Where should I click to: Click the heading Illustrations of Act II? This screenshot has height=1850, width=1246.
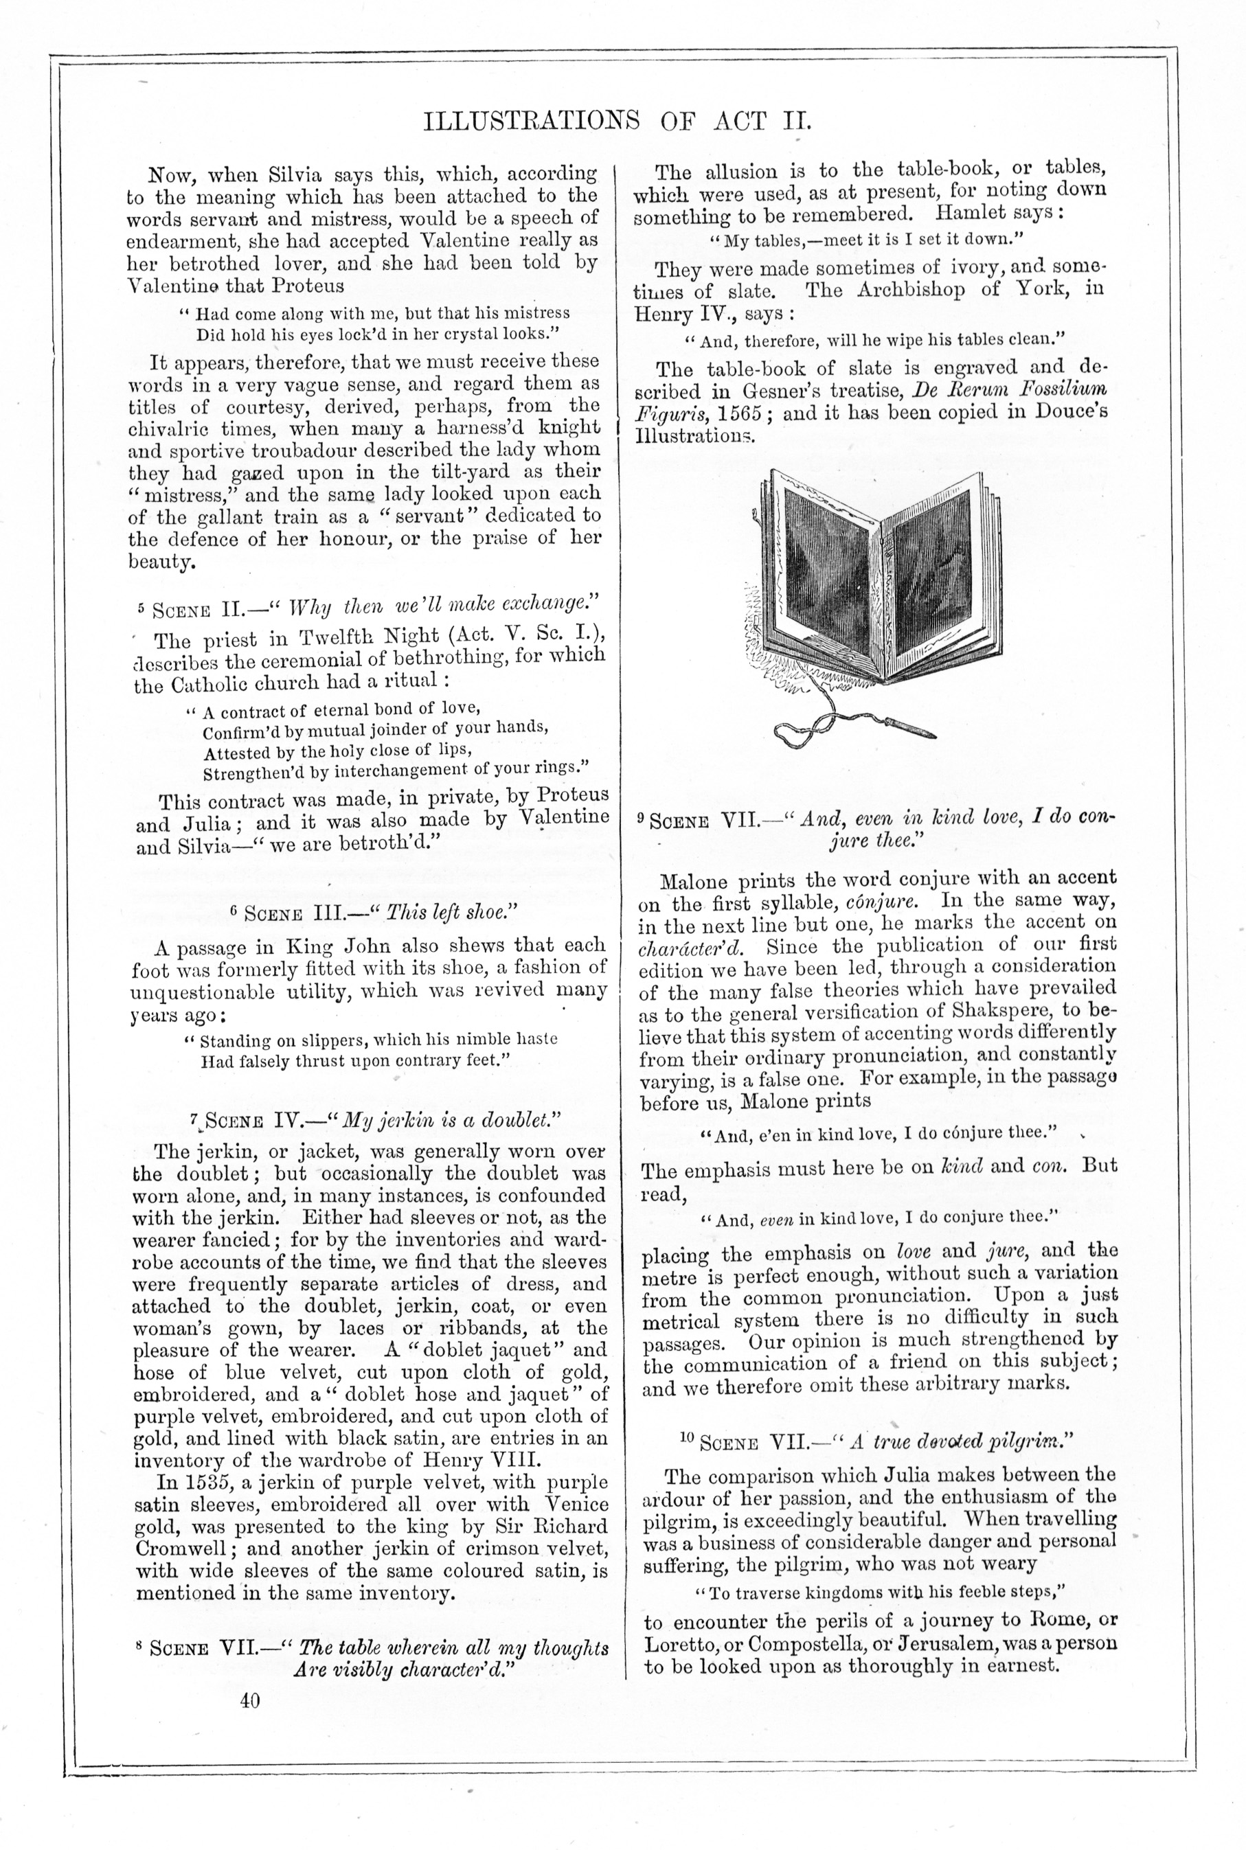click(x=618, y=121)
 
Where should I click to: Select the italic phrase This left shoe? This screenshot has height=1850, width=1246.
click(x=446, y=913)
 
